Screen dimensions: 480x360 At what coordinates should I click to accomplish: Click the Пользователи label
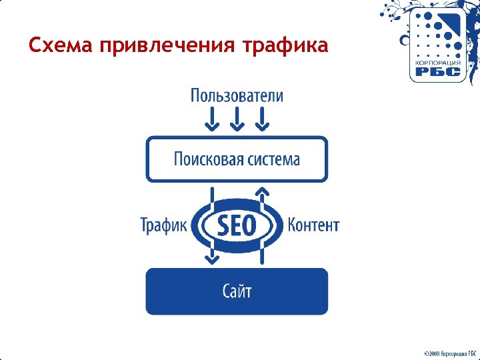(237, 96)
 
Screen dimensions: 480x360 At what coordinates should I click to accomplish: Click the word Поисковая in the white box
(206, 159)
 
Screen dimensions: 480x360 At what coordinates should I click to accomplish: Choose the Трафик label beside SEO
(164, 225)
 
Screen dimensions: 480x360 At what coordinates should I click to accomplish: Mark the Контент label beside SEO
(313, 225)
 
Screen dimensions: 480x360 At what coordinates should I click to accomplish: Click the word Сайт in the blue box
(237, 291)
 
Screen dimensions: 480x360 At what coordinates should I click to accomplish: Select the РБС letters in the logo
(438, 72)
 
